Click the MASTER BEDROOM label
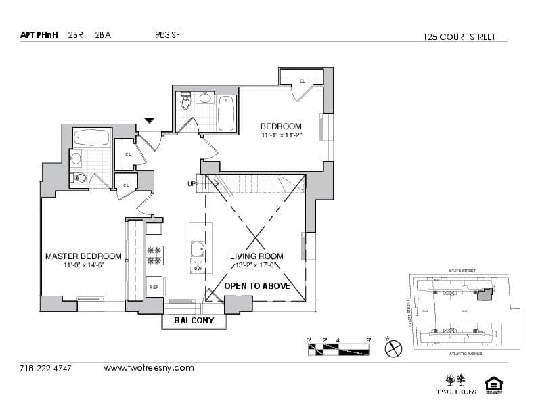coord(83,256)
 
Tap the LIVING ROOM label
coord(256,256)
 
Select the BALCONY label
coord(194,321)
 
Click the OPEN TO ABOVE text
coord(257,286)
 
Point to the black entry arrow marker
coord(150,121)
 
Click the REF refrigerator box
coord(154,287)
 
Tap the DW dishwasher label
coord(198,269)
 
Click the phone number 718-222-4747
coord(46,369)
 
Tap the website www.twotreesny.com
coord(148,369)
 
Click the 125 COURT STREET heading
coord(458,37)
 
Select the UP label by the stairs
coord(192,184)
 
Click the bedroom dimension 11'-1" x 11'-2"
coord(281,135)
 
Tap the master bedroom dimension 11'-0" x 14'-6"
coord(83,265)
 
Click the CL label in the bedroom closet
coord(302,81)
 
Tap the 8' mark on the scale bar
coord(368,340)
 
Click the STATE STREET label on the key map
coord(462,271)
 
